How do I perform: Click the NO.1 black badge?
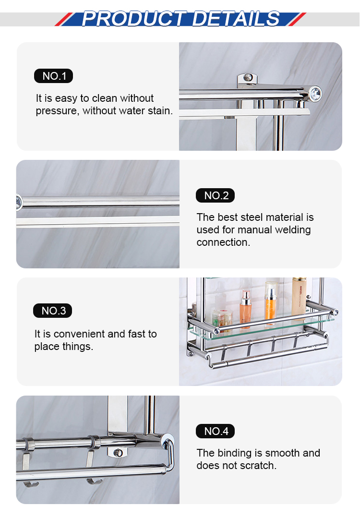pos(53,76)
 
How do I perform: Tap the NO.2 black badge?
pos(216,195)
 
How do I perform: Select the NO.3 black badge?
pos(52,311)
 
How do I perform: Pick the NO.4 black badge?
pos(216,431)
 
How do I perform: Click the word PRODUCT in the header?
pos(134,19)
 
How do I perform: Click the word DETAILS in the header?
pos(236,19)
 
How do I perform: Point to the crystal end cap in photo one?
pos(315,93)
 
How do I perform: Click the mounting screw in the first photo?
pos(248,78)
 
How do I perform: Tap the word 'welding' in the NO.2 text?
pos(293,229)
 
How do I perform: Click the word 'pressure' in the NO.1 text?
pos(56,111)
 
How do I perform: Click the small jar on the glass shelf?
pos(222,318)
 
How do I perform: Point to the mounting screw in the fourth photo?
pos(119,452)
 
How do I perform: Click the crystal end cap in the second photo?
pos(19,202)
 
